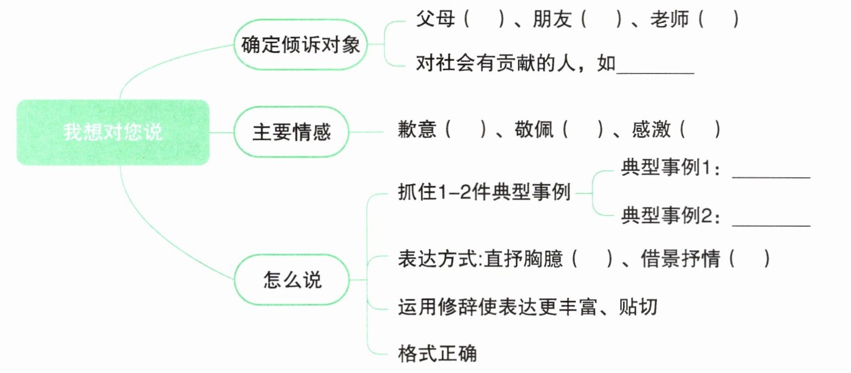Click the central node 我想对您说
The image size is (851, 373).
pos(113,133)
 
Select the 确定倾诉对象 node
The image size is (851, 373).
pos(300,45)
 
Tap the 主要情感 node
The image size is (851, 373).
pos(292,133)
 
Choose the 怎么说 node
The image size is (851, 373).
pos(292,279)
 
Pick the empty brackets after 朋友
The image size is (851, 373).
pos(603,20)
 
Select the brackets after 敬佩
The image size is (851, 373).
pos(583,129)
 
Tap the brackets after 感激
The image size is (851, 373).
pos(700,129)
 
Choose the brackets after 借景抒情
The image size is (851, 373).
pos(750,259)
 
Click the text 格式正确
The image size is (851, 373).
pos(437,352)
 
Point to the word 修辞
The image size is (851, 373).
pos(463,307)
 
